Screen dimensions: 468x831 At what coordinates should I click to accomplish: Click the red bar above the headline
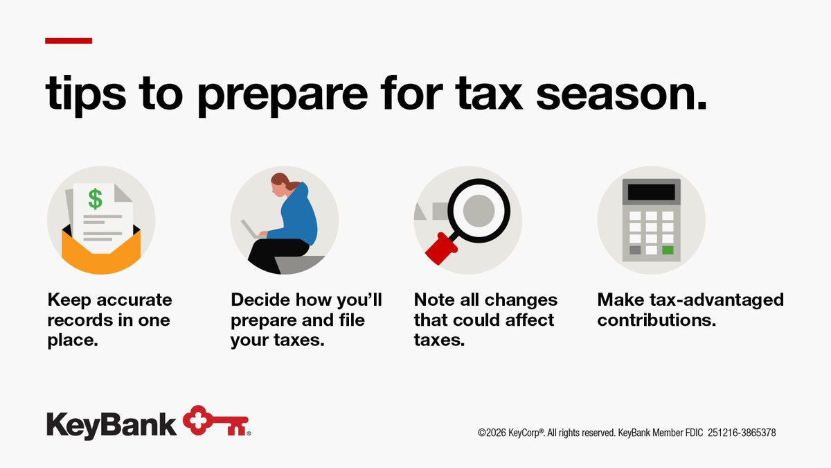tap(68, 41)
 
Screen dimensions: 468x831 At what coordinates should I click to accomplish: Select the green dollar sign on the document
tap(95, 199)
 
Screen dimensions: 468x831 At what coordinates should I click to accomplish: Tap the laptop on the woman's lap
tap(250, 229)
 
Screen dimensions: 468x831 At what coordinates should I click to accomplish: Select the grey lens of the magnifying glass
tap(479, 207)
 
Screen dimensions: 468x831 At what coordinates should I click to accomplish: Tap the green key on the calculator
tap(668, 250)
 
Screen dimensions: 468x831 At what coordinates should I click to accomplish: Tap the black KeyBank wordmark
tap(111, 424)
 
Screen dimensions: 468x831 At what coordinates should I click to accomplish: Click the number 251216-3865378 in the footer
tap(742, 433)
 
